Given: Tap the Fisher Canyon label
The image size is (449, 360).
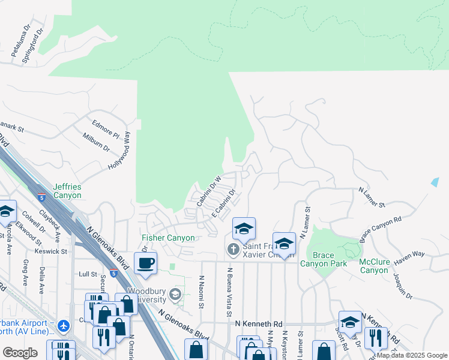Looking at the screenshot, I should coord(168,238).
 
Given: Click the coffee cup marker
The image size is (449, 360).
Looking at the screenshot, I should coord(146,262).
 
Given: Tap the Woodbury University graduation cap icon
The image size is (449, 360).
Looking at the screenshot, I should coord(175,294).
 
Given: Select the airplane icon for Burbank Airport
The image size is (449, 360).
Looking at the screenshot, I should coord(64,326).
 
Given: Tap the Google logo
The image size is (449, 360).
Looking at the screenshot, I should coord(20,353).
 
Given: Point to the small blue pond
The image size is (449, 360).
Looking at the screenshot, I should coord(435,181).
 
